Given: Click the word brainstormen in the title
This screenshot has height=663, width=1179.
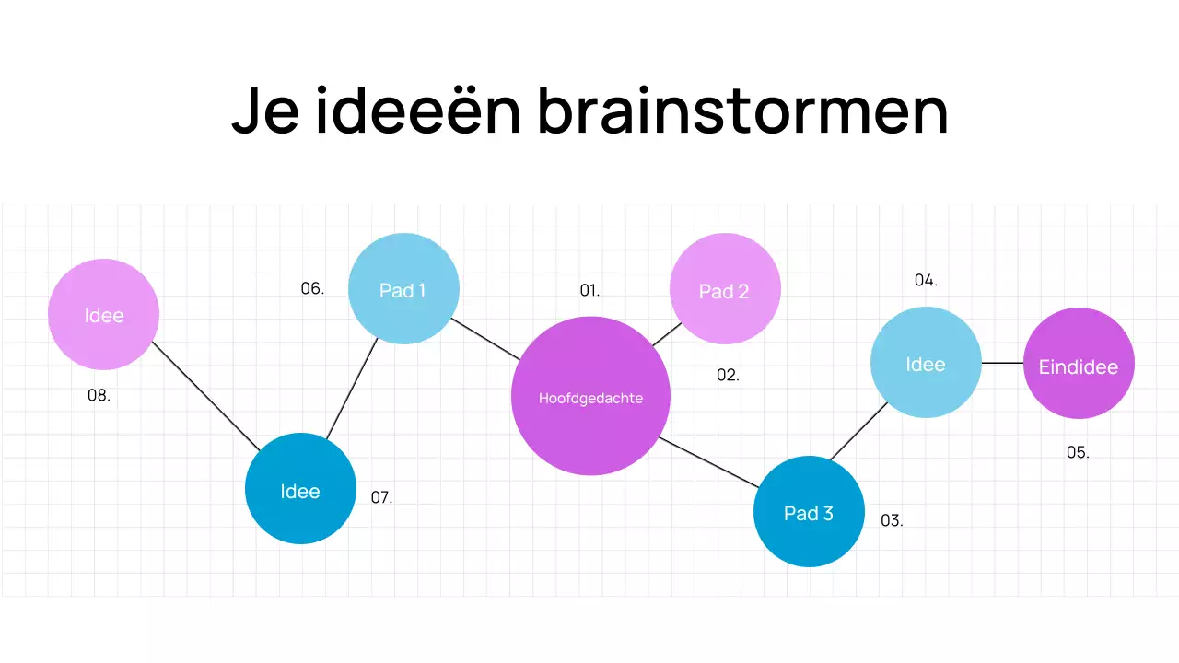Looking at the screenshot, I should click(x=742, y=112).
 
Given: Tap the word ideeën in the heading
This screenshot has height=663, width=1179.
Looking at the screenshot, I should click(x=418, y=112).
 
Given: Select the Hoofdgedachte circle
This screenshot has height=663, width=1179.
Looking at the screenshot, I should click(x=590, y=396).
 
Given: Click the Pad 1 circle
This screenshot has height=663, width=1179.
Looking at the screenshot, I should click(x=403, y=289).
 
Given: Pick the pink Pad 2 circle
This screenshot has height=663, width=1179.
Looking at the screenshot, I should click(x=725, y=289).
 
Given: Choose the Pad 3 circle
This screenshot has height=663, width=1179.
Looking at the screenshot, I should click(x=809, y=511).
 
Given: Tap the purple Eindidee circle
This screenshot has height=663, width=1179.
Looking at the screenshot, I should click(x=1079, y=364).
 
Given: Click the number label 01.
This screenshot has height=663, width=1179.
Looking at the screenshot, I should click(x=589, y=291).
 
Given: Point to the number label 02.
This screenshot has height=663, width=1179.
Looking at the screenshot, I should click(x=728, y=376).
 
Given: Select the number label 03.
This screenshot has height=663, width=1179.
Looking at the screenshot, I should click(x=892, y=520).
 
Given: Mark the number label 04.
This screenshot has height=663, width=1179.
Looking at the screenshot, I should click(x=926, y=281).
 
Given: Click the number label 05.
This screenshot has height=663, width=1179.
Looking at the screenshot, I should click(x=1078, y=453).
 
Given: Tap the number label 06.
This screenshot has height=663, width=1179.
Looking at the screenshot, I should click(x=312, y=289).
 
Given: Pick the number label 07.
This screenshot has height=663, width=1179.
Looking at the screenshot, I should click(x=381, y=498).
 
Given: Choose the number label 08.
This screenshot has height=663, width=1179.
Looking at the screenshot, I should click(x=99, y=396).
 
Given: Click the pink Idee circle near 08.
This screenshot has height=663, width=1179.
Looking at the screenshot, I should click(x=104, y=314).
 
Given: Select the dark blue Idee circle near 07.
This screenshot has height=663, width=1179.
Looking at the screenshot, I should click(x=300, y=488).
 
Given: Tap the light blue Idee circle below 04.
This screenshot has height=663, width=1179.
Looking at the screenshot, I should click(x=926, y=362).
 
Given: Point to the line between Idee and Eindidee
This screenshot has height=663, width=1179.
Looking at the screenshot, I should click(x=1002, y=363).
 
